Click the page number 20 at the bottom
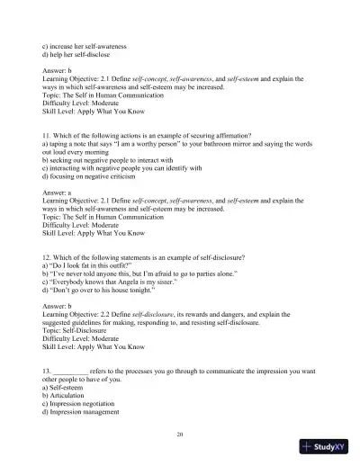(x=181, y=435)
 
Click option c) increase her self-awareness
(x=89, y=46)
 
